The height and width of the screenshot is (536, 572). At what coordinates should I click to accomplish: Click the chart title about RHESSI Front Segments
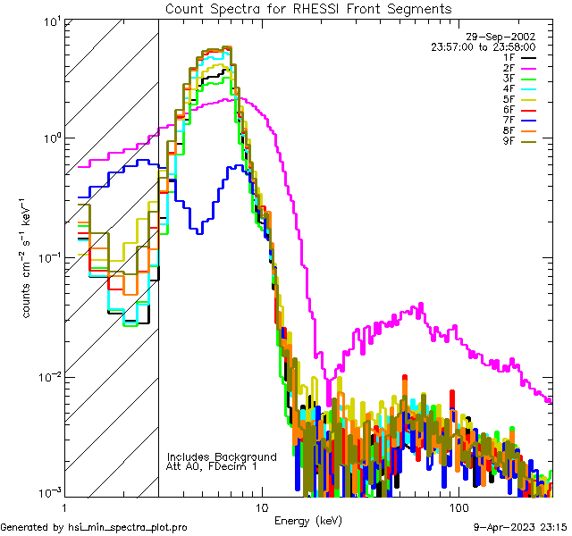point(308,8)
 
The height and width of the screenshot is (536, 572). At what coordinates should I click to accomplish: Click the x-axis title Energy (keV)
point(308,521)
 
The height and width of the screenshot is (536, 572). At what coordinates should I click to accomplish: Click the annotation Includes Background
point(222,456)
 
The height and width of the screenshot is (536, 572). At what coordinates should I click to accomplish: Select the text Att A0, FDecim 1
point(212,466)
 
